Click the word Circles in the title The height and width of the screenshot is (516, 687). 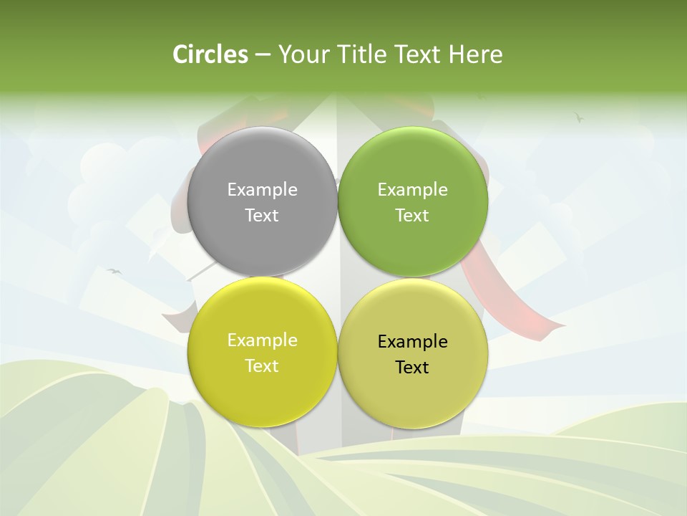pos(210,54)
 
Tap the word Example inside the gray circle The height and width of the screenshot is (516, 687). pos(262,190)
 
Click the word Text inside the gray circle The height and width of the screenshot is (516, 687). pos(262,216)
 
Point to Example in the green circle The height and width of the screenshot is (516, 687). pos(412,190)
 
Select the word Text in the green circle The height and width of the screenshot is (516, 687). pos(412,216)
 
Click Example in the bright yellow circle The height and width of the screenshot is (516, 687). pos(262,340)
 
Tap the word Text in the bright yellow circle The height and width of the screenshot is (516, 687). pos(262,366)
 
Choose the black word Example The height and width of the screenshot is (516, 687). pos(412,342)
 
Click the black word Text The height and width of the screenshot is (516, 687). pos(412,368)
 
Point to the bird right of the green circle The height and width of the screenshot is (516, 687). pos(579,116)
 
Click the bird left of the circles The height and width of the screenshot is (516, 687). pos(114,271)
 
